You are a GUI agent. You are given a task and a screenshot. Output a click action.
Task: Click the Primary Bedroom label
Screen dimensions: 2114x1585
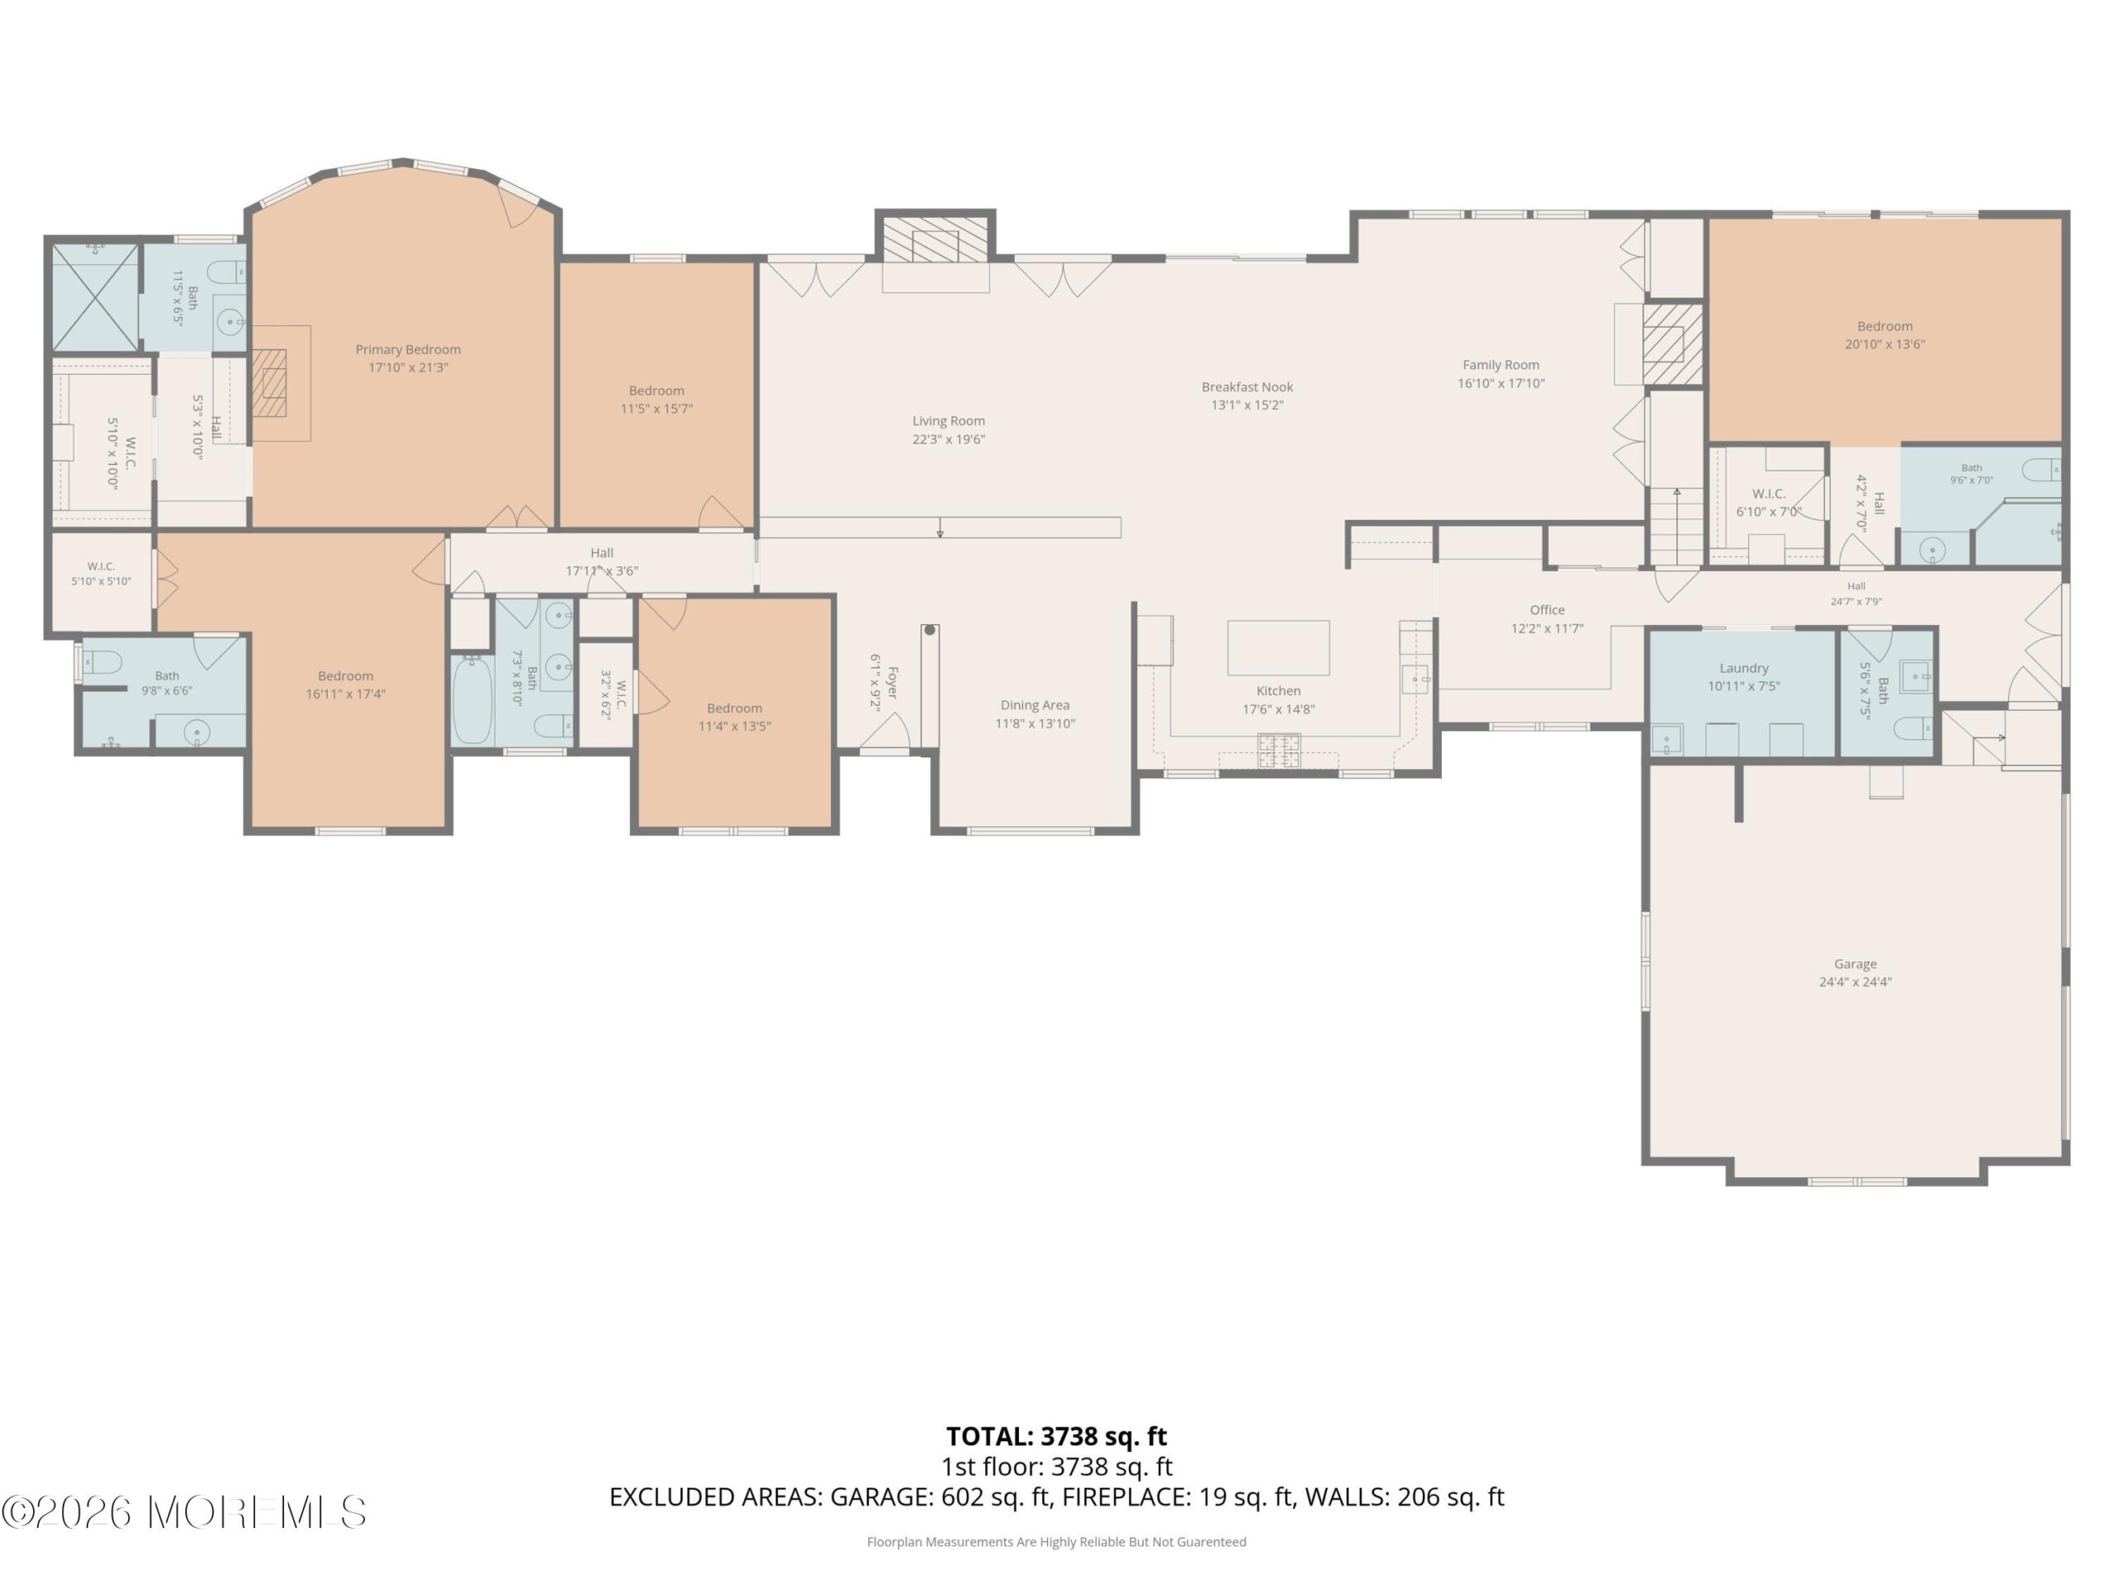coord(408,350)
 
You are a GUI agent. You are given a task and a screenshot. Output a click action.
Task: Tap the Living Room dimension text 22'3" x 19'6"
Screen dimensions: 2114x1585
coord(948,439)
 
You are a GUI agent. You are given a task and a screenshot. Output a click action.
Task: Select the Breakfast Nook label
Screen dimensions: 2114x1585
coord(1247,387)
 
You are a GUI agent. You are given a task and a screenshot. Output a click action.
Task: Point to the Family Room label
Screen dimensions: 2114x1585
coord(1500,365)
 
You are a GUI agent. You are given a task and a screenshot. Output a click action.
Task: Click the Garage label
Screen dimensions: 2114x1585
coord(1855,964)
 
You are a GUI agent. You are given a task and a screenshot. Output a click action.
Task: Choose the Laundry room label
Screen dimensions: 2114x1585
coord(1743,668)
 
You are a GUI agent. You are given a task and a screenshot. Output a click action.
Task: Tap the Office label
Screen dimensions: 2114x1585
coord(1547,609)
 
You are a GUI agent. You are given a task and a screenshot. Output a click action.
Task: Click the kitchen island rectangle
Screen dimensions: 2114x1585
coord(1277,648)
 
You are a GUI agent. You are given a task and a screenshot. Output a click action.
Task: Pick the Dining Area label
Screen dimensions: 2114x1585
coord(1034,705)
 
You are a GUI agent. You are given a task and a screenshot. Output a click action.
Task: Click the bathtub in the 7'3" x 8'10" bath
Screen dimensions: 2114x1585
coord(472,700)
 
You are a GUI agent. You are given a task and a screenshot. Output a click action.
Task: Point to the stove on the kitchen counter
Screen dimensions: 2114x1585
coord(1277,750)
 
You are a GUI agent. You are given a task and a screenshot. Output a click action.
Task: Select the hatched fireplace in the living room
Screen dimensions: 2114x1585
coord(935,239)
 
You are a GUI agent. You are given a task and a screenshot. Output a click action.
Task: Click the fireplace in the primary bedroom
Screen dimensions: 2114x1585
coord(269,383)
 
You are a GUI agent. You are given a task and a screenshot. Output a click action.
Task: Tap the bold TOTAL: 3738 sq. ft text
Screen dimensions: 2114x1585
coord(1056,1436)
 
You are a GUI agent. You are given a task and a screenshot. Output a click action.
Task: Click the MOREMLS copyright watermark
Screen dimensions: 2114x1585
coord(183,1512)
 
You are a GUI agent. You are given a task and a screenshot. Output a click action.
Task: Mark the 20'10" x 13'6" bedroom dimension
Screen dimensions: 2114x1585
coord(1884,344)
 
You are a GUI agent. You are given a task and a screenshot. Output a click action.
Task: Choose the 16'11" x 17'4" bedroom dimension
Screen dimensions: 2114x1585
coord(345,693)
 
